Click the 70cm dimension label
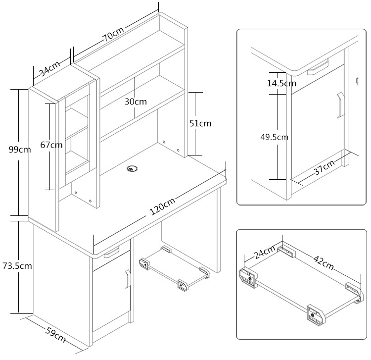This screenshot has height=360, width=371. (113, 34)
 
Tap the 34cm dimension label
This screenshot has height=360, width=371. (50, 69)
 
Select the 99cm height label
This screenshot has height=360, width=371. (20, 150)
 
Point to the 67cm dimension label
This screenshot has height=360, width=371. (51, 145)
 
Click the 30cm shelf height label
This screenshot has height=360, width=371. (136, 102)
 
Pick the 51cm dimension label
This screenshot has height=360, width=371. (200, 123)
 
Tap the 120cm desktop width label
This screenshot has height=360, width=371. (163, 206)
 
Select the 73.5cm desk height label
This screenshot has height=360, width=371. (17, 266)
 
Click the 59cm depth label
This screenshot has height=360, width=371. (55, 335)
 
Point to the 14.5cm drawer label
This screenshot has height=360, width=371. (281, 83)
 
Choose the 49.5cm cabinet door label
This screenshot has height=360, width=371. (275, 137)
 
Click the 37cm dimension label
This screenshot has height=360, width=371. (325, 167)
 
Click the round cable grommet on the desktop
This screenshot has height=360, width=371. (132, 169)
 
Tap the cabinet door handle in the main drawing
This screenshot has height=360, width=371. (128, 279)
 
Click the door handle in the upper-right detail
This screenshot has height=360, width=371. (341, 104)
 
